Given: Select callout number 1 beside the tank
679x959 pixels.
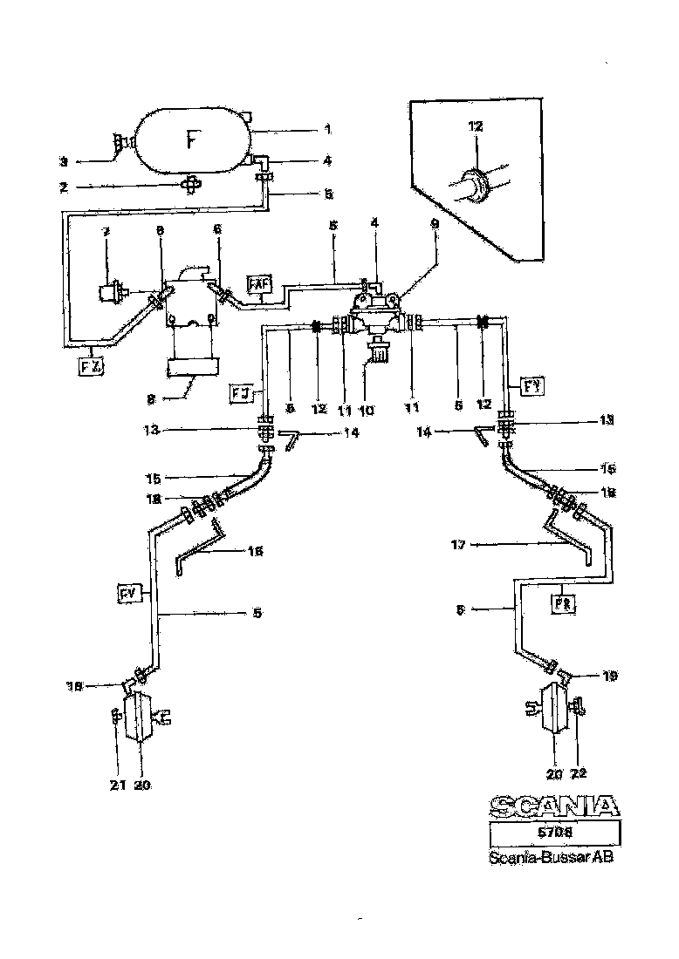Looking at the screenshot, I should click(x=327, y=129).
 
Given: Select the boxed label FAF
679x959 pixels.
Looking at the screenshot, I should click(x=259, y=283).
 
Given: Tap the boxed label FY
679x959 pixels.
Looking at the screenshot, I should click(x=532, y=383).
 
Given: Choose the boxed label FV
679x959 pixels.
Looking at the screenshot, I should click(x=130, y=595).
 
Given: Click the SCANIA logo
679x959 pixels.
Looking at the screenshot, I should click(x=553, y=805).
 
